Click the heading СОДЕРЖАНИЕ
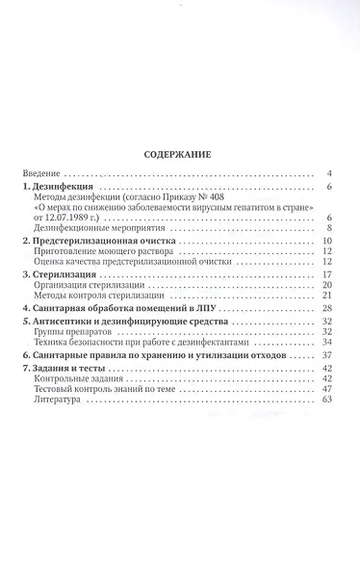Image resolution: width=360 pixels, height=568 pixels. point(179,153)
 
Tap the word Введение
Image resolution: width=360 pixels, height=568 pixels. point(43,173)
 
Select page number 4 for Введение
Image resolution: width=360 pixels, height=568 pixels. point(329,173)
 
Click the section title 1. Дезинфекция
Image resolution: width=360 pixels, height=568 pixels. point(62,189)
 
